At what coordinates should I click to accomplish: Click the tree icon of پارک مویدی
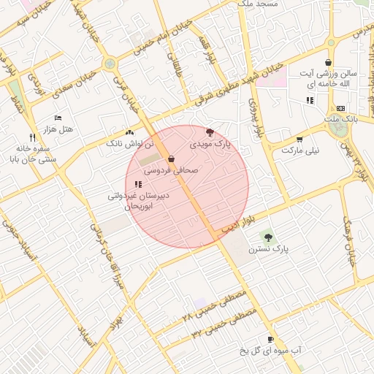pyautogui.click(x=210, y=132)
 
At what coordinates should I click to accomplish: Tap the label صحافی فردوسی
pyautogui.click(x=170, y=169)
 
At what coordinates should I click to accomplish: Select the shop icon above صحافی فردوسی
pyautogui.click(x=171, y=159)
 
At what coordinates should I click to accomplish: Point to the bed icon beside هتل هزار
pyautogui.click(x=58, y=118)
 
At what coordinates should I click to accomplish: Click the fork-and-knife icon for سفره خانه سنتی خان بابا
pyautogui.click(x=32, y=137)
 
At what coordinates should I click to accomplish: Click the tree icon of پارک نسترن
pyautogui.click(x=268, y=237)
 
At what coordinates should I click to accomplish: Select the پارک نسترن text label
pyautogui.click(x=268, y=248)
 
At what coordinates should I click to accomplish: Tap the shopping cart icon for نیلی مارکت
pyautogui.click(x=299, y=139)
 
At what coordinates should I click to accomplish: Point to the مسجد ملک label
pyautogui.click(x=256, y=4)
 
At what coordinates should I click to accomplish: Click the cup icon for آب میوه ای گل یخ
pyautogui.click(x=270, y=339)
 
